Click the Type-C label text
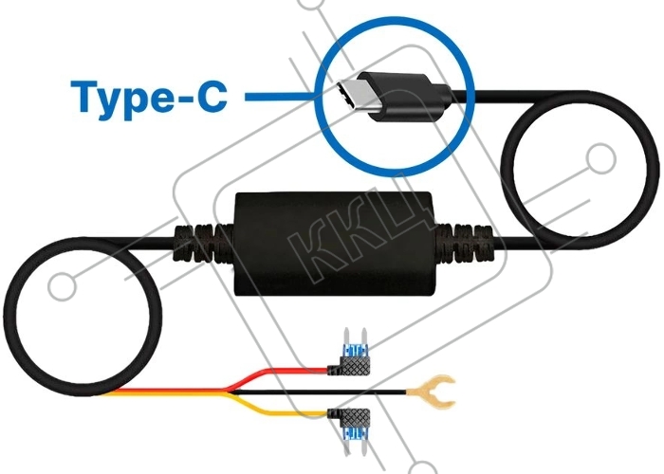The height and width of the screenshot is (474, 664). pyautogui.click(x=149, y=97)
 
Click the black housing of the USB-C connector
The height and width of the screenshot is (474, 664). pyautogui.click(x=403, y=97)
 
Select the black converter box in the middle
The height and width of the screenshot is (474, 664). pyautogui.click(x=335, y=244)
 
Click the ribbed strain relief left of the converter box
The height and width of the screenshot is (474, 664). pyautogui.click(x=203, y=245)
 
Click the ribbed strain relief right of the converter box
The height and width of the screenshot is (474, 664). pyautogui.click(x=464, y=244)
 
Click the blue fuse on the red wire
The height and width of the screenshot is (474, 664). pyautogui.click(x=355, y=351)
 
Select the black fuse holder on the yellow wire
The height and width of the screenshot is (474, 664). pyautogui.click(x=351, y=417)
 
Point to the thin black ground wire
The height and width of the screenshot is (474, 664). pyautogui.click(x=318, y=392)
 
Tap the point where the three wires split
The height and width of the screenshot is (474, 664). pyautogui.click(x=227, y=392)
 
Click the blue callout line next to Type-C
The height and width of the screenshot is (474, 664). pyautogui.click(x=281, y=97)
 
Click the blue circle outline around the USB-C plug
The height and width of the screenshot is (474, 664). pyautogui.click(x=316, y=97)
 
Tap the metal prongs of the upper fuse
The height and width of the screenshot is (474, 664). pyautogui.click(x=355, y=336)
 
